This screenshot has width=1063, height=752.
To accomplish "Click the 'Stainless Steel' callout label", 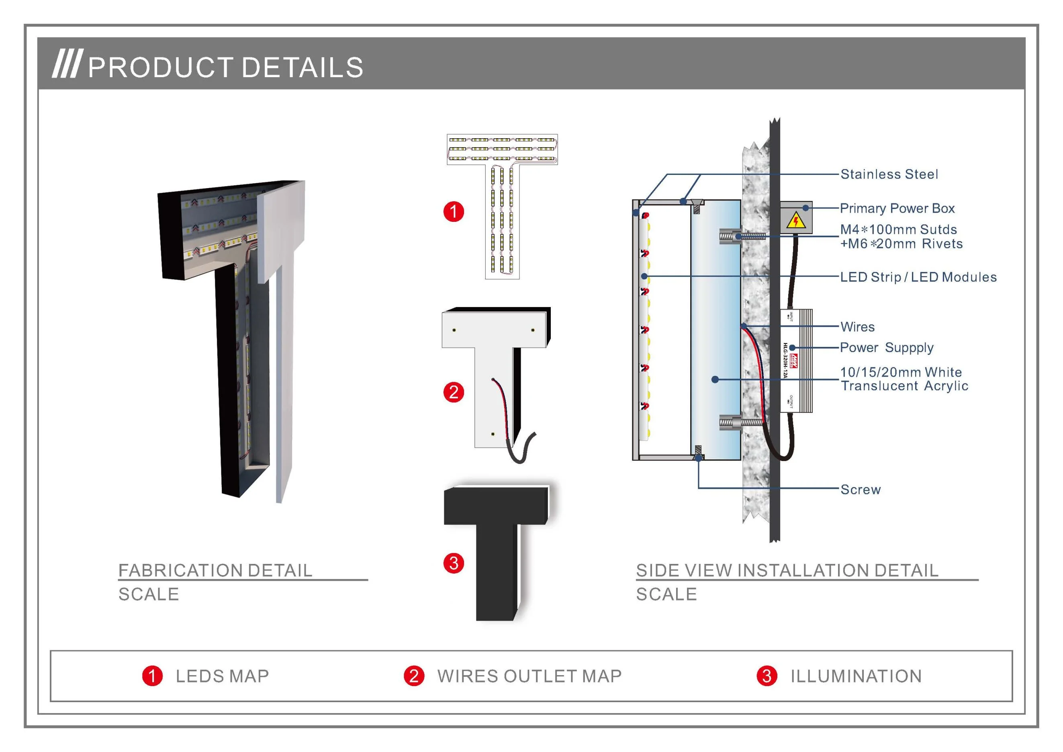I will [889, 174].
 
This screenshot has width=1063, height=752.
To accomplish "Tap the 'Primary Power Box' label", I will [897, 208].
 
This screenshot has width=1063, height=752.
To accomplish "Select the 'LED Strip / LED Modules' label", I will [918, 277].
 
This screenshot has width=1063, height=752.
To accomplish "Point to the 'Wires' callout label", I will [857, 327].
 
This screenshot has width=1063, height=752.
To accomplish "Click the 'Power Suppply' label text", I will [887, 348].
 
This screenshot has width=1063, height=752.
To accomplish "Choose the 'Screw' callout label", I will [860, 490].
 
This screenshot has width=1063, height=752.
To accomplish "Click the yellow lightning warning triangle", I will [796, 221].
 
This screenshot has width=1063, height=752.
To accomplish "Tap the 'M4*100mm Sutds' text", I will [898, 229].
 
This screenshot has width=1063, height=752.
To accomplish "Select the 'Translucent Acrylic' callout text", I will [904, 386].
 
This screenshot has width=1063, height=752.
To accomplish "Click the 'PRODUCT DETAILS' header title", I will [225, 68].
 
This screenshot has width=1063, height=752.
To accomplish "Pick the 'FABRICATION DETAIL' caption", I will [215, 570].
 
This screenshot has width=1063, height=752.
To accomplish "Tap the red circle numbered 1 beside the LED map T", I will [454, 212].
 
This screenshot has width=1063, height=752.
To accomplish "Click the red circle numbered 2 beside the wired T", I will [454, 392].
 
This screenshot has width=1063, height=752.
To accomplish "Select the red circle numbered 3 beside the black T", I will [454, 563].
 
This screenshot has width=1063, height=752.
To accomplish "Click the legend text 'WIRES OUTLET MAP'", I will [529, 676].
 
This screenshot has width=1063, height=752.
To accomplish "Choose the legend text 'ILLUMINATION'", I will [856, 676].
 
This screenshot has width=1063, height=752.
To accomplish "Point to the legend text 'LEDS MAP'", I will [222, 676].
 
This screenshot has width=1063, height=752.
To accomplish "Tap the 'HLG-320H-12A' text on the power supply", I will [785, 361].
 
